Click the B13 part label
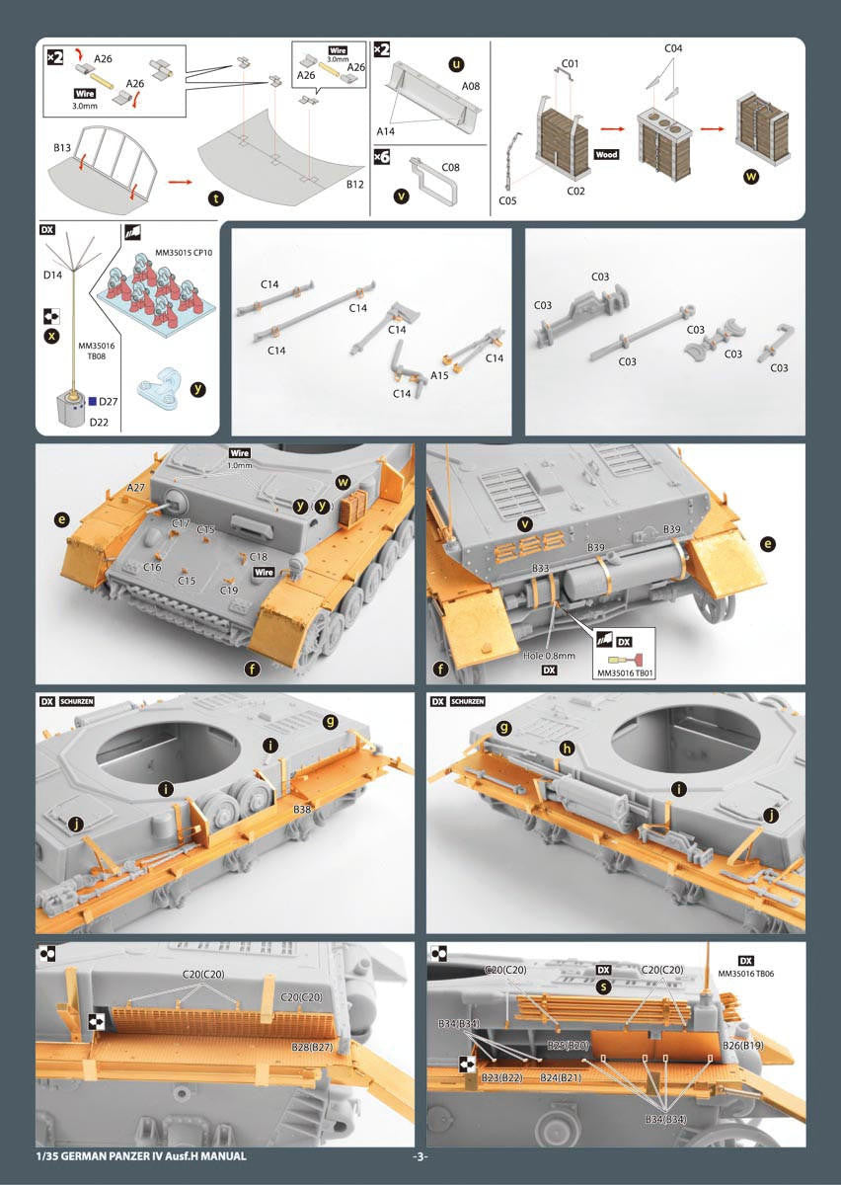62,147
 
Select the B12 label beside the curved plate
355,184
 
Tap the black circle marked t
215,198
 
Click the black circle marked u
456,64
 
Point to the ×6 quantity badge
381,157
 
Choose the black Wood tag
606,154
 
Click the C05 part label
507,200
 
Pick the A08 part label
470,86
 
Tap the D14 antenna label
52,275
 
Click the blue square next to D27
93,402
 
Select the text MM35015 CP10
184,253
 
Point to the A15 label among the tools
439,375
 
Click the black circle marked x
51,336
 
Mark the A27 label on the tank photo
135,488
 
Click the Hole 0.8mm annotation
549,656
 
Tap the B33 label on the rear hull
540,568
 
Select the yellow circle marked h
567,749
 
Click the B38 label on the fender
302,810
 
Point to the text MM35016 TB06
746,974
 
